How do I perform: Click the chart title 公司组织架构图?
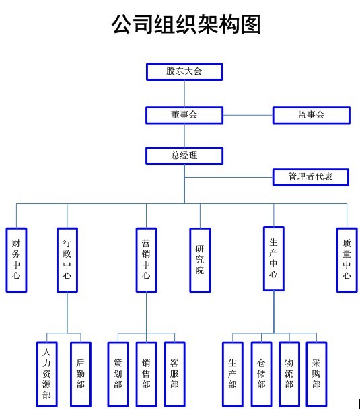click(186, 24)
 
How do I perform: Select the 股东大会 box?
click(184, 71)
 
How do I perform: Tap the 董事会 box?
click(184, 115)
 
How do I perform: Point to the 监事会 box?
click(311, 115)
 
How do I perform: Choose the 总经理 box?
click(184, 156)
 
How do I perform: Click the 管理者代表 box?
click(311, 177)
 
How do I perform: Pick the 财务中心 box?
click(16, 260)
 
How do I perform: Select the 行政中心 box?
click(67, 260)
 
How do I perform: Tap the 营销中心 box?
click(146, 260)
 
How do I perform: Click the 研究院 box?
click(200, 260)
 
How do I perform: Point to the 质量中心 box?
click(347, 260)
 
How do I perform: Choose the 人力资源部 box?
click(46, 374)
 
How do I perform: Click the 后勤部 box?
click(81, 374)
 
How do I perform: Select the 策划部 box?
click(118, 374)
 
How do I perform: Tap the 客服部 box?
click(174, 374)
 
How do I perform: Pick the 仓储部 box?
click(261, 374)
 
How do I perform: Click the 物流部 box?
click(289, 374)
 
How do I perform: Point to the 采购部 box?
click(316, 374)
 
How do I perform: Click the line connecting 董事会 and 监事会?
click(248, 115)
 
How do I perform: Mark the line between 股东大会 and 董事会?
click(184, 94)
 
